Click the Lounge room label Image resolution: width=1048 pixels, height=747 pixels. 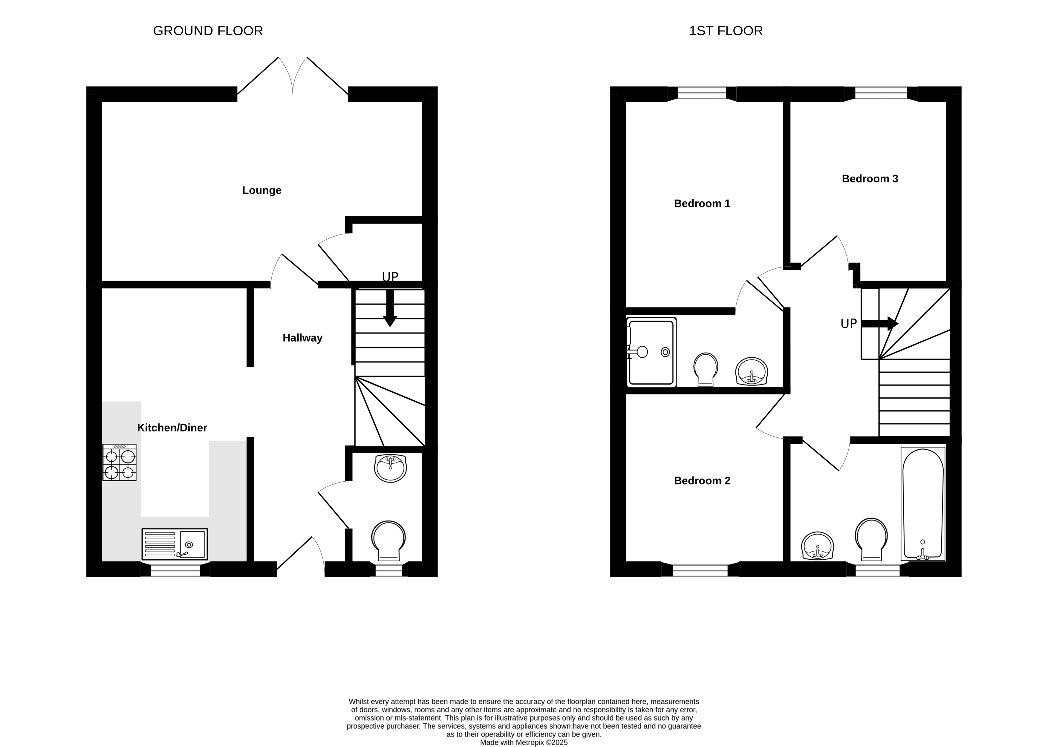click(262, 190)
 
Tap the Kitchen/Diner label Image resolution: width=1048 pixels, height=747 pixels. click(172, 428)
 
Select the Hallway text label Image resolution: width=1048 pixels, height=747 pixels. click(302, 338)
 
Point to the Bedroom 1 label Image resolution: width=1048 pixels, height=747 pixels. click(702, 203)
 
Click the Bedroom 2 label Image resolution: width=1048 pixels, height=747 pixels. click(702, 481)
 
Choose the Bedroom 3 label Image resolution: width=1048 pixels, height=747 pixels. click(870, 178)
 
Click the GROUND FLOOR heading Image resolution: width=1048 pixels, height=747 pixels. click(208, 31)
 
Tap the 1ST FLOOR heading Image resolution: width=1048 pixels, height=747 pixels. click(726, 31)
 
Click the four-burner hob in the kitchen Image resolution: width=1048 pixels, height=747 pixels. click(119, 463)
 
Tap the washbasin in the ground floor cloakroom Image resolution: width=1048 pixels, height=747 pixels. click(391, 468)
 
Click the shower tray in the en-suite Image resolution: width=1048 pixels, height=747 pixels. click(651, 352)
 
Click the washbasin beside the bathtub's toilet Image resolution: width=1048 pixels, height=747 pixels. click(818, 546)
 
